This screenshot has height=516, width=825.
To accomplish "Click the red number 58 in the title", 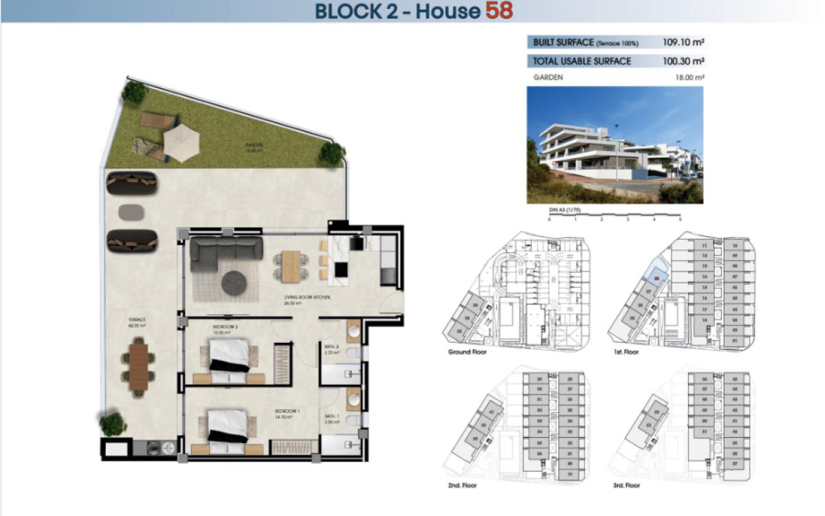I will (499, 11).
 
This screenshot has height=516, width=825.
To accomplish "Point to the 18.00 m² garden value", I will (690, 78).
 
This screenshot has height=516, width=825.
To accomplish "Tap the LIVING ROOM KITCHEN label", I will (307, 298).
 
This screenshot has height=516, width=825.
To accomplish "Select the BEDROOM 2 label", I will (225, 327).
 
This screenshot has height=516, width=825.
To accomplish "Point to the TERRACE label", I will (136, 320).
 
